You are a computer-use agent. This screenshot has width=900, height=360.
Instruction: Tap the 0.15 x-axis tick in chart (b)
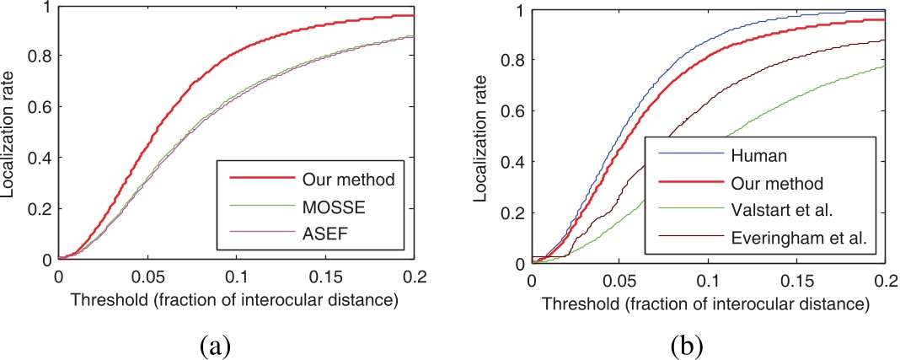click(x=796, y=281)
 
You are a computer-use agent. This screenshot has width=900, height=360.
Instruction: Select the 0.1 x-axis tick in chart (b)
click(x=708, y=281)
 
